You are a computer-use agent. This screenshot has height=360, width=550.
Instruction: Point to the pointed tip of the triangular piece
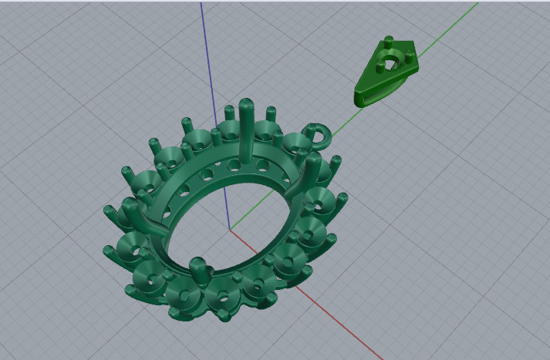click(359, 99)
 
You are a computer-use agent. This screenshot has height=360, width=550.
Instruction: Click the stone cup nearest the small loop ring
click(295, 144)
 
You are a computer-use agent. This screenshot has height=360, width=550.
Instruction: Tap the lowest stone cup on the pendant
click(224, 296)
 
